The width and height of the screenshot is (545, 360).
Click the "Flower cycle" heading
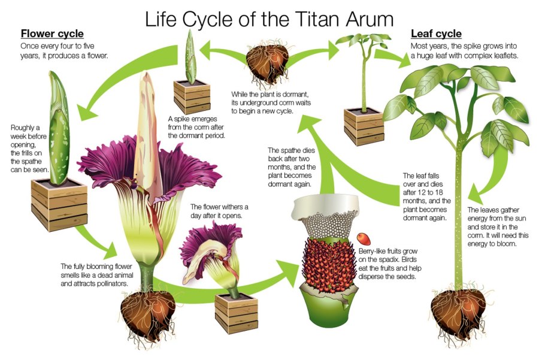[x=52, y=34]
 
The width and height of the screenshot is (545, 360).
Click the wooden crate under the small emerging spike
[x=192, y=96]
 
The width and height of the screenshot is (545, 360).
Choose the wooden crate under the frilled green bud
[x=59, y=205]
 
